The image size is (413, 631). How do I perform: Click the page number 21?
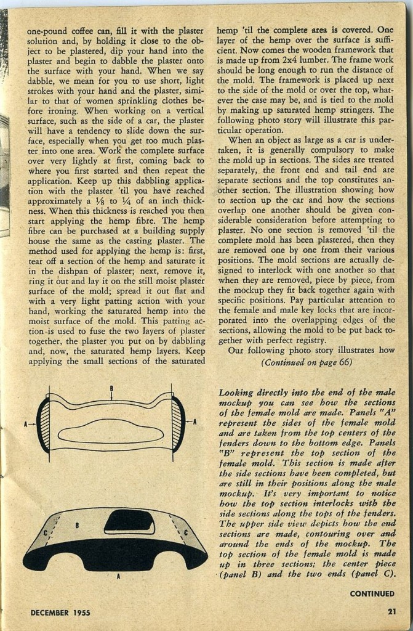coord(391,611)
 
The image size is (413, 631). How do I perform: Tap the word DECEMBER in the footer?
coord(52,612)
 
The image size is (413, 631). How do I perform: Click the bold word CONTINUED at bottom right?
coord(372,594)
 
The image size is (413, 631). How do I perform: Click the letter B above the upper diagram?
coord(111,388)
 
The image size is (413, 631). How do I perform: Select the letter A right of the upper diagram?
coord(194,422)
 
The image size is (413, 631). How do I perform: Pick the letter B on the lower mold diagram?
coord(77,526)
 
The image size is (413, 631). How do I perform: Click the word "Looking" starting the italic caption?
coord(237,393)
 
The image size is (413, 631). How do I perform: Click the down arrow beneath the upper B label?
coord(111,396)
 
